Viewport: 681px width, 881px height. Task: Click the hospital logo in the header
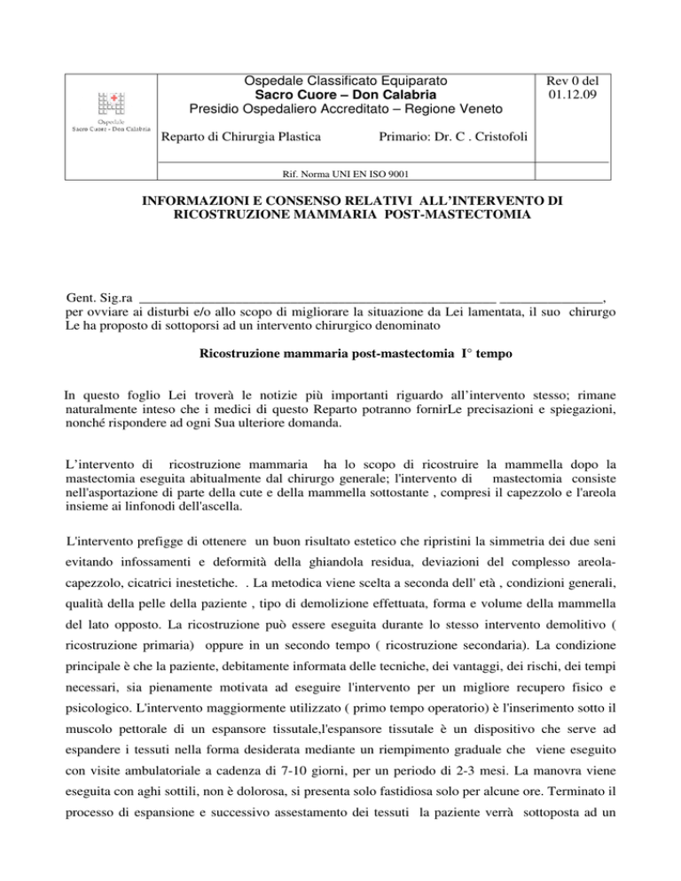(x=111, y=111)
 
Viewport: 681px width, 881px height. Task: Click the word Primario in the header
(x=404, y=137)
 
